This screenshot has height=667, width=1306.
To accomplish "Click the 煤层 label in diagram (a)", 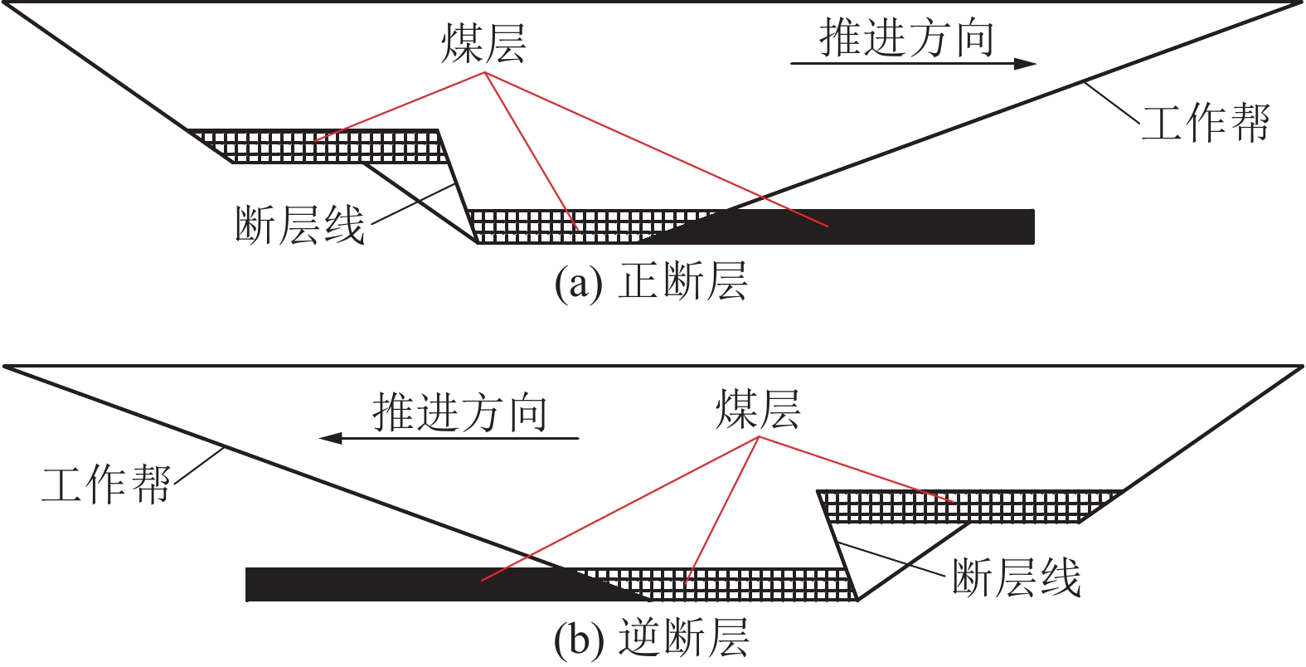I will pos(483,43).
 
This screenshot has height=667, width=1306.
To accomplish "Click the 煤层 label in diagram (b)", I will pos(758,409).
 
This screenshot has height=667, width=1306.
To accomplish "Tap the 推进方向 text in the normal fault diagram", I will pos(906,38).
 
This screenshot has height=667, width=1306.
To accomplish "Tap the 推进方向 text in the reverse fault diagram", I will pos(459,412).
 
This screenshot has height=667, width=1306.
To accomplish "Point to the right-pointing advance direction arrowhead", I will pos(1027,63).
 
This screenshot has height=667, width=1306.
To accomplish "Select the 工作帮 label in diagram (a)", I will pos(1205,123).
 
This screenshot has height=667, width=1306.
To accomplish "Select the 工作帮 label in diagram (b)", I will pos(105,484).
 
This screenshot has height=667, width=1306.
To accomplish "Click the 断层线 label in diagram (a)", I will pos(299,224).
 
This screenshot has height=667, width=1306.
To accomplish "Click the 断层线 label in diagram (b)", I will pos(1016,577).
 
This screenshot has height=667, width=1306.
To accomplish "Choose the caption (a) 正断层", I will pos(651,282).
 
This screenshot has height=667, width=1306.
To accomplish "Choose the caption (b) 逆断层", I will pos(652,639).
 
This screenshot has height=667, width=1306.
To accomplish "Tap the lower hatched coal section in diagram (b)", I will pos(730,584).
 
